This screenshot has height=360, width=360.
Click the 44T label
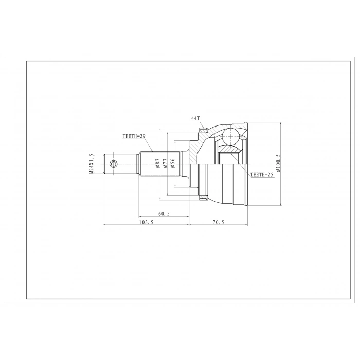(x=195, y=118)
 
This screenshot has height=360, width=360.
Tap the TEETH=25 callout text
(x=262, y=175)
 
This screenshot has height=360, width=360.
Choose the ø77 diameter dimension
(x=165, y=164)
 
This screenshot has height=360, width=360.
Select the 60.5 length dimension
(x=164, y=213)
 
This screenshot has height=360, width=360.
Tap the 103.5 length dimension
(x=146, y=222)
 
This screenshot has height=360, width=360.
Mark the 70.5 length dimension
(x=219, y=222)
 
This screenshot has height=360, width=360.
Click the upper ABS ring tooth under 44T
(x=204, y=129)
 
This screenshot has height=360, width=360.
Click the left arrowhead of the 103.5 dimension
(x=105, y=225)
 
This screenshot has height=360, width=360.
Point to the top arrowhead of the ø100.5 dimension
(x=281, y=124)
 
